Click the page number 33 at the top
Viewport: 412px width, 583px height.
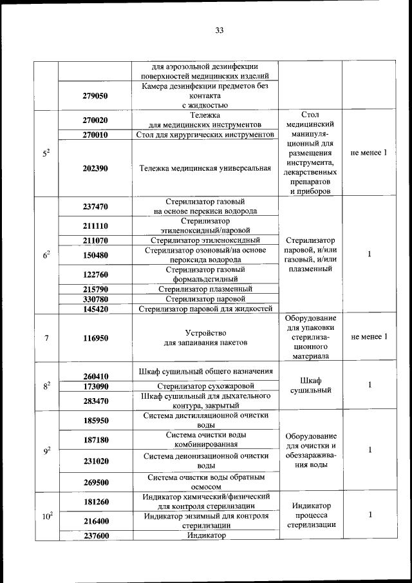tap(219, 30)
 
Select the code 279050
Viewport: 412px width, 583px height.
tap(95, 95)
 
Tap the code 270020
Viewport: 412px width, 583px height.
tap(95, 120)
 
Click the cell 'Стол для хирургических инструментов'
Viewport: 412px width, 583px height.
tap(206, 135)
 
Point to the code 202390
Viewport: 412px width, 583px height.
tap(95, 168)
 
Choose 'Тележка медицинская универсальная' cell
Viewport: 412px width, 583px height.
tap(206, 168)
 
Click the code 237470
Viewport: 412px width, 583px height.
tap(95, 206)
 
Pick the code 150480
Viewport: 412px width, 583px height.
tap(95, 255)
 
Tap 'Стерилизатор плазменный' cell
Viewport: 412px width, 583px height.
tap(206, 289)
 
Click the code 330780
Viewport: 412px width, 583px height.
tap(95, 299)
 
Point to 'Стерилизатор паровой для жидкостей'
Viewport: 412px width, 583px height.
tap(206, 309)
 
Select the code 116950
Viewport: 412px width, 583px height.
tap(95, 338)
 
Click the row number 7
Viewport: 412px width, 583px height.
tap(46, 338)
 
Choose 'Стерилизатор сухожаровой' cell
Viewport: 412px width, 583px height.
tap(206, 386)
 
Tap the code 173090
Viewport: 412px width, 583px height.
tap(95, 386)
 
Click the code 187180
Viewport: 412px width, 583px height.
tap(95, 439)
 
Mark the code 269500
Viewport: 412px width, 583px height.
tap(95, 482)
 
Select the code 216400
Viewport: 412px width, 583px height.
tap(95, 521)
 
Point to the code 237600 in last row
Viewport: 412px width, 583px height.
tap(95, 535)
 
